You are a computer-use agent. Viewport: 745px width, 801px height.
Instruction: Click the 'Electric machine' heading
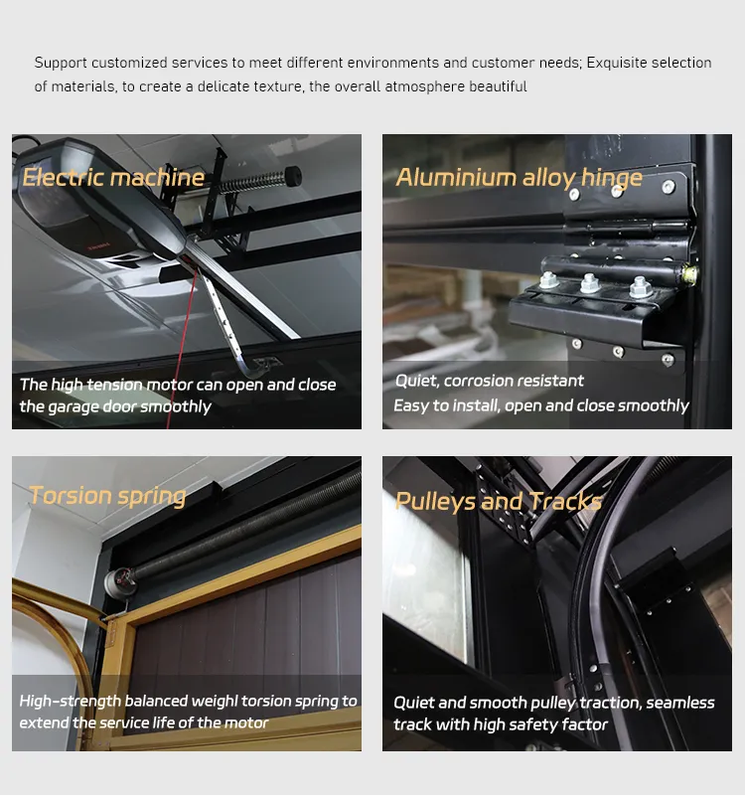[x=113, y=177]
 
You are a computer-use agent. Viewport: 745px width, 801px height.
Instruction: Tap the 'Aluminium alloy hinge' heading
[x=519, y=178]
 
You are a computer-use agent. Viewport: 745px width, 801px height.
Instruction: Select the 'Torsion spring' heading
[x=107, y=496]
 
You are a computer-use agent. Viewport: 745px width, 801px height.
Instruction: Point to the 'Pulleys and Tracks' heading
[x=499, y=501]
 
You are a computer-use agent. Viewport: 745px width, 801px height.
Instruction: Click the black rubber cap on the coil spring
[x=293, y=176]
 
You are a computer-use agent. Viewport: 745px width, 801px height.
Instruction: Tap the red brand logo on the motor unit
[x=99, y=246]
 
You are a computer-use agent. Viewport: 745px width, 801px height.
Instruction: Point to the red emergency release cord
[x=181, y=348]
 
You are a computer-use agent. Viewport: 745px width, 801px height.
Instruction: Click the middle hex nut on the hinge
[x=589, y=282]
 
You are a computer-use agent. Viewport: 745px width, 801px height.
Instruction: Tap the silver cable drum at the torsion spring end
[x=120, y=581]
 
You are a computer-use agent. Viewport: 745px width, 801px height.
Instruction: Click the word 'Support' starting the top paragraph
[x=61, y=64]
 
